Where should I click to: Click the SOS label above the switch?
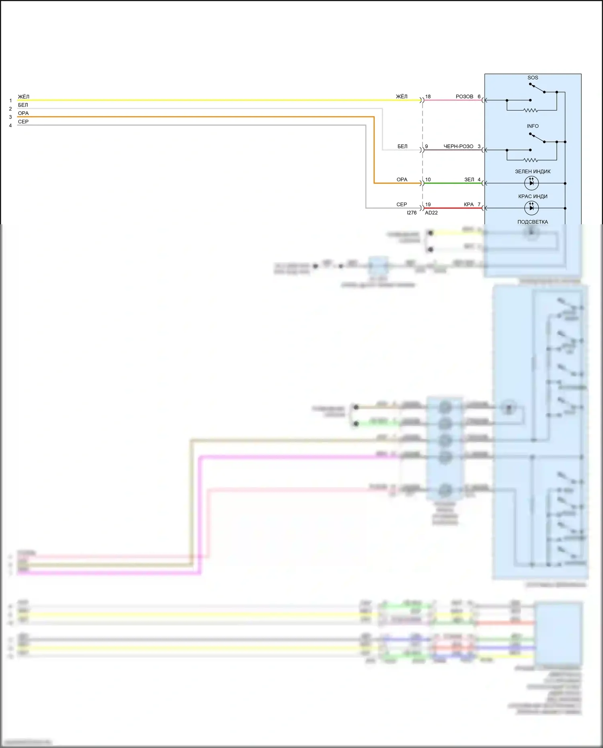533,78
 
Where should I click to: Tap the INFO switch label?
533,126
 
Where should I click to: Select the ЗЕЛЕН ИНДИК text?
533,172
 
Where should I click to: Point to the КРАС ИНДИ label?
533,197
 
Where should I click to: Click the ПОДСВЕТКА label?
533,222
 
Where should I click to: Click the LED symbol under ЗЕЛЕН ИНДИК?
531,183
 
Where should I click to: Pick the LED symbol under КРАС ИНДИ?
531,208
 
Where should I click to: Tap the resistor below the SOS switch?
531,110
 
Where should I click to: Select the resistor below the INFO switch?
531,160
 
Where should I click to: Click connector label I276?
412,213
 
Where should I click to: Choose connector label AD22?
431,213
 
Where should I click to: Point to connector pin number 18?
428,96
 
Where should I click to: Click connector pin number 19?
428,205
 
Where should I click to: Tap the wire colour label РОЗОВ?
464,96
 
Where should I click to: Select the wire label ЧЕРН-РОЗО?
458,146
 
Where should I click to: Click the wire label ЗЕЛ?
469,180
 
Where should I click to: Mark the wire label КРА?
469,205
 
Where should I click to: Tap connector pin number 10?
428,180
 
